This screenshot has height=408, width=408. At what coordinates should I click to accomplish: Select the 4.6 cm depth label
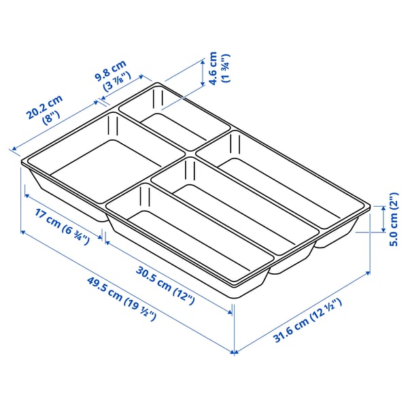[x=212, y=68]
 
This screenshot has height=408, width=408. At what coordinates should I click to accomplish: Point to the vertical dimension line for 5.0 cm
[x=382, y=219]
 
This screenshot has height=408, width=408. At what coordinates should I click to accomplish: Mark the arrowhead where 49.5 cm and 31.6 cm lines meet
[x=235, y=352]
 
